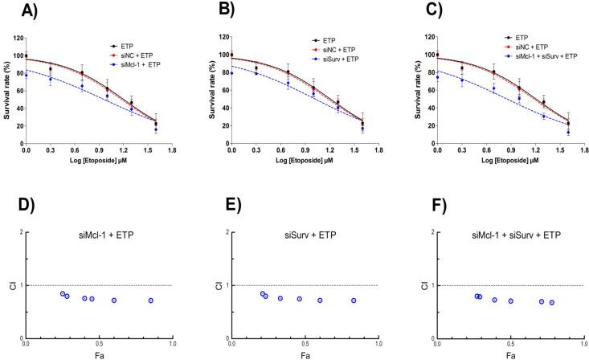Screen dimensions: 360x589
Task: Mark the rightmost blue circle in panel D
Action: pyautogui.click(x=150, y=301)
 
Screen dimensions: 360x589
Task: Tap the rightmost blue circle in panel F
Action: pyautogui.click(x=552, y=302)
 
